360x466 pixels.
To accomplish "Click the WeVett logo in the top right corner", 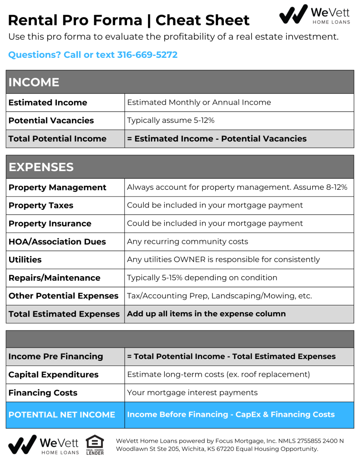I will click(x=314, y=14).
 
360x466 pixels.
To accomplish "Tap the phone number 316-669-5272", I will click(x=147, y=55).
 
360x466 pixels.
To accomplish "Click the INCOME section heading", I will click(x=34, y=82).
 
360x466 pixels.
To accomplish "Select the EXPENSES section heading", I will click(x=41, y=167).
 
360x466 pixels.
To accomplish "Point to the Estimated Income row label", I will click(x=48, y=103).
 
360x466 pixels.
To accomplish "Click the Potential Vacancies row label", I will click(x=51, y=121).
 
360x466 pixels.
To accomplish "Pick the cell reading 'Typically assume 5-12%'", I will click(x=171, y=121).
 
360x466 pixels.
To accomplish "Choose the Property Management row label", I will click(x=57, y=187).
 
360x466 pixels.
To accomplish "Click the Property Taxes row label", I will click(x=41, y=206).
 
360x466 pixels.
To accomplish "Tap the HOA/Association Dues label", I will click(x=57, y=242).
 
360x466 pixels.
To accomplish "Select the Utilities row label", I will click(x=25, y=260).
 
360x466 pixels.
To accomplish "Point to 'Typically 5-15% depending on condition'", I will click(x=202, y=278).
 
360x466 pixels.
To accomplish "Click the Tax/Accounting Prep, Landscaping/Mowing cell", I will click(x=219, y=296).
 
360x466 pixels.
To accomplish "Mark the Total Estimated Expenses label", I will click(x=64, y=314).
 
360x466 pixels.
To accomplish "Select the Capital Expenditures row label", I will click(x=54, y=375).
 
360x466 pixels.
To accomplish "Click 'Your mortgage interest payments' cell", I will click(x=192, y=393).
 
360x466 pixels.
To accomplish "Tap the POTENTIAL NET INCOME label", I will click(x=62, y=415).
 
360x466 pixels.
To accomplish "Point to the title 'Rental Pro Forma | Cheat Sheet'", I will click(x=129, y=20).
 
